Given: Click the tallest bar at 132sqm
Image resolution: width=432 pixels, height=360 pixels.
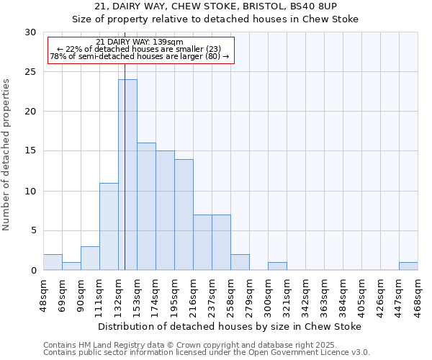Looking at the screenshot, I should pyautogui.click(x=127, y=175).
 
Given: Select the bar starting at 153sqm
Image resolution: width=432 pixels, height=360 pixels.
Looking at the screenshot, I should pyautogui.click(x=146, y=207).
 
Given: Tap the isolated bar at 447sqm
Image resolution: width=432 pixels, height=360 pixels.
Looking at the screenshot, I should pyautogui.click(x=408, y=266).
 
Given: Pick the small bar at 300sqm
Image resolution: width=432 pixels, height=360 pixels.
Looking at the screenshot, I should pyautogui.click(x=277, y=266).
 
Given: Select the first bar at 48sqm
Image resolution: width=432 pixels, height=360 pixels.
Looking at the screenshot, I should pyautogui.click(x=53, y=263).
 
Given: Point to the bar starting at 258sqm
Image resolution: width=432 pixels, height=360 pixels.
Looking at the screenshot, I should pyautogui.click(x=240, y=263).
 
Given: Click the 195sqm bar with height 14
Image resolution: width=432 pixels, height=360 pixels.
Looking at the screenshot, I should pyautogui.click(x=184, y=215).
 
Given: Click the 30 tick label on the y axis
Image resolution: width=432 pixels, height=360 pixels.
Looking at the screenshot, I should pyautogui.click(x=30, y=32).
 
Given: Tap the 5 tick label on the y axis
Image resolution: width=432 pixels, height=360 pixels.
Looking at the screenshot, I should pyautogui.click(x=33, y=231).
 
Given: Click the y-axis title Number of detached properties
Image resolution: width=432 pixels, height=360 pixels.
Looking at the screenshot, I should pyautogui.click(x=6, y=155).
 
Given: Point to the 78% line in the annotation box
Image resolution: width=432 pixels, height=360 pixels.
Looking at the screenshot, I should pyautogui.click(x=140, y=56).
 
